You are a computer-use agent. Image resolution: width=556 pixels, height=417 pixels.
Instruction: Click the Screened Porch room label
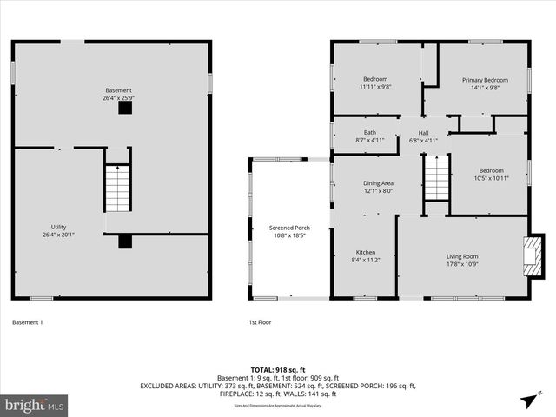pyautogui.click(x=290, y=228)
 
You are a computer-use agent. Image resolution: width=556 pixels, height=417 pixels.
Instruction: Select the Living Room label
pyautogui.click(x=462, y=255)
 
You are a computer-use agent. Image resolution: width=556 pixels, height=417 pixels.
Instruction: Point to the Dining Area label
pyautogui.click(x=377, y=183)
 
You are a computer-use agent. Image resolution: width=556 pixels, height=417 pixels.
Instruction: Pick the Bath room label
pyautogui.click(x=369, y=132)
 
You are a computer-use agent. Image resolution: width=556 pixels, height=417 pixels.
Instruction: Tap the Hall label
pyautogui.click(x=424, y=132)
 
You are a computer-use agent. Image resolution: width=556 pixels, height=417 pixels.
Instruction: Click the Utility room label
pyautogui.click(x=59, y=227)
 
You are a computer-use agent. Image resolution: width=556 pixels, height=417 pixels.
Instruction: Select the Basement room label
pyautogui.click(x=119, y=90)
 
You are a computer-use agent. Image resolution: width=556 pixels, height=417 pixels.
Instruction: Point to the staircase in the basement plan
pyautogui.click(x=117, y=187)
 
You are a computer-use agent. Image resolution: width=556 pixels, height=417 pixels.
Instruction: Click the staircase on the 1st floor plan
pyautogui.click(x=435, y=178)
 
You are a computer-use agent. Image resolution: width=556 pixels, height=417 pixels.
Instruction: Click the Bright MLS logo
pyautogui.click(x=35, y=405)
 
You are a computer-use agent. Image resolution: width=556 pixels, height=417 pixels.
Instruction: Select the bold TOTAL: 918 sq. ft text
pyautogui.click(x=278, y=369)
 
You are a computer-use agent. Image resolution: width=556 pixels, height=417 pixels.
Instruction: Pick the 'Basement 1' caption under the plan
pyautogui.click(x=28, y=322)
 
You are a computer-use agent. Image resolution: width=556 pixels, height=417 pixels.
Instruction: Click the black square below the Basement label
pyautogui.click(x=125, y=108)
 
